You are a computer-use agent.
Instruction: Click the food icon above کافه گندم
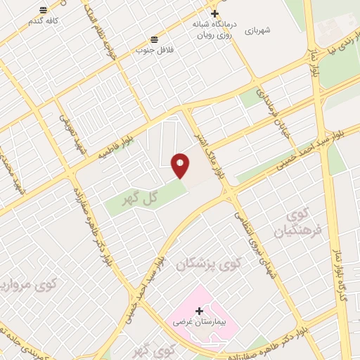44,11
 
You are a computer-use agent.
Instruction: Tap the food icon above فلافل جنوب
154,39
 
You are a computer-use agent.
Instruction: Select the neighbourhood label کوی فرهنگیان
296,221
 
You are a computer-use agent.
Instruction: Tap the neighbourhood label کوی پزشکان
209,264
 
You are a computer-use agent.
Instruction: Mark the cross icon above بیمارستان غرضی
200,310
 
